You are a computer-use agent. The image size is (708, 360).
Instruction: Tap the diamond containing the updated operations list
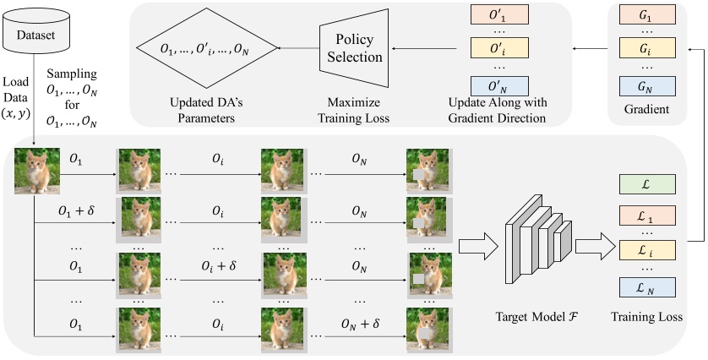(x=208, y=50)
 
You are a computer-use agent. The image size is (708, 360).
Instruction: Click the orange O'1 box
(x=498, y=14)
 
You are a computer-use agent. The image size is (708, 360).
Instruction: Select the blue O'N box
(x=498, y=85)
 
